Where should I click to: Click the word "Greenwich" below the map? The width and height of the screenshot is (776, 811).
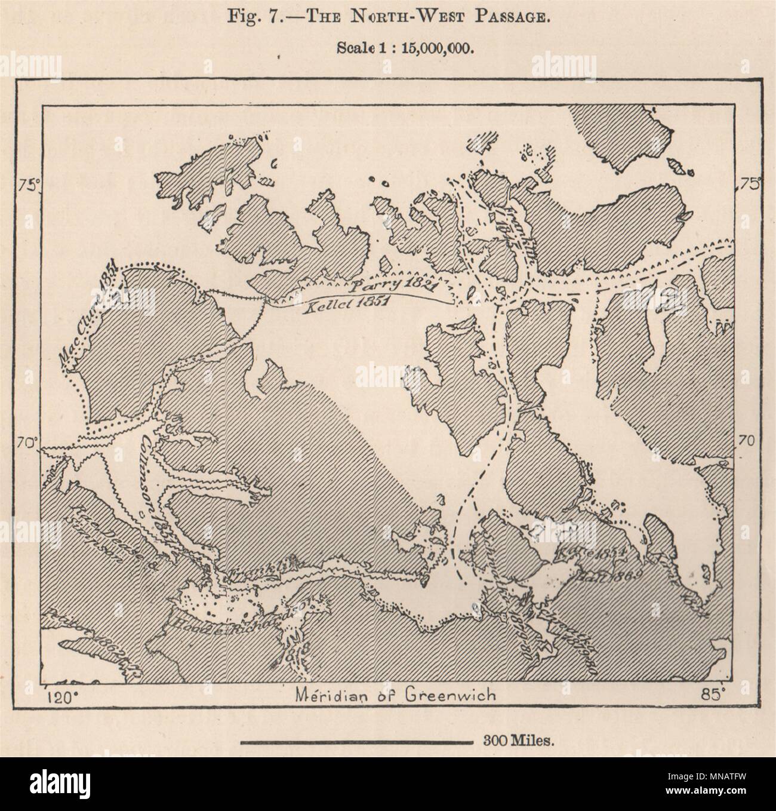pos(438,695)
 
